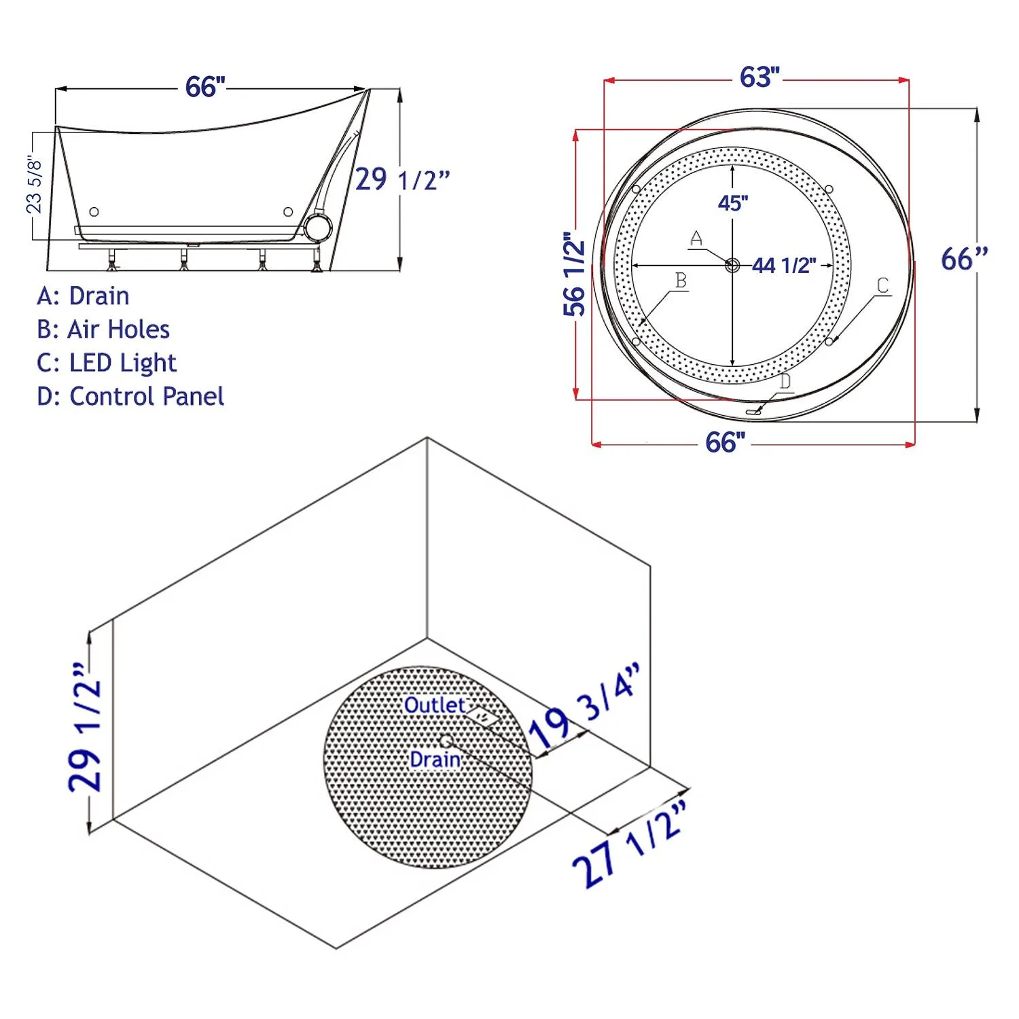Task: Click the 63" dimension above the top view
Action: click(759, 77)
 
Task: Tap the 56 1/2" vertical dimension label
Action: click(575, 274)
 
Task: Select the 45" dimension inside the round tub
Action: click(733, 202)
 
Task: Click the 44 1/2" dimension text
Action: click(784, 266)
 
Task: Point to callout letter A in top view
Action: click(696, 238)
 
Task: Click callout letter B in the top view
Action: click(681, 280)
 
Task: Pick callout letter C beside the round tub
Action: click(882, 285)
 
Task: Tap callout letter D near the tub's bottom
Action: click(785, 381)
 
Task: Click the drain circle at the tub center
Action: click(732, 265)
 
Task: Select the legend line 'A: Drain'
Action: click(83, 296)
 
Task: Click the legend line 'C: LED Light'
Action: click(107, 363)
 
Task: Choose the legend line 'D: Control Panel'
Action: click(130, 396)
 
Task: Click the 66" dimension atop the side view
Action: click(204, 87)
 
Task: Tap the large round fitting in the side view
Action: click(317, 228)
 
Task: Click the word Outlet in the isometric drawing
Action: click(434, 705)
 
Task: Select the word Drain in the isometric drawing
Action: click(435, 759)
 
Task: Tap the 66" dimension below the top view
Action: click(725, 443)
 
